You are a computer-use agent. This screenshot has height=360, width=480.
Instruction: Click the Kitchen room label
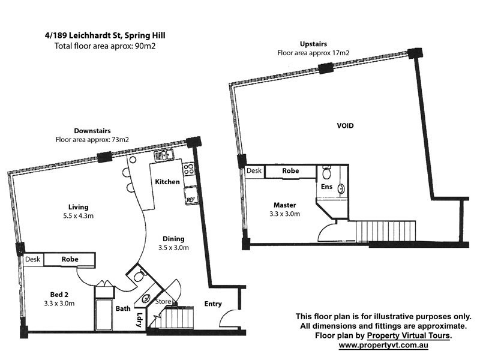[x=167, y=181]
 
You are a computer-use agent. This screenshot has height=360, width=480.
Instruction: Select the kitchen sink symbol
[x=163, y=157]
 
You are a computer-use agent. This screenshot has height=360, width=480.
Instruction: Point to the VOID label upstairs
[x=344, y=126]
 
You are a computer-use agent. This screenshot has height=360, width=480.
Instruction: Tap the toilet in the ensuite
[x=326, y=174]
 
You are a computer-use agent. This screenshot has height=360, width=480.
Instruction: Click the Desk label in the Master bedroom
[x=254, y=171]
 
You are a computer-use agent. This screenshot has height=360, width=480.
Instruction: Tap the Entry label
[x=213, y=304]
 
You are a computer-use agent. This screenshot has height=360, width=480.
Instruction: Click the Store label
[x=164, y=301]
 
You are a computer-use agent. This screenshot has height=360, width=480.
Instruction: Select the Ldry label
[x=140, y=317]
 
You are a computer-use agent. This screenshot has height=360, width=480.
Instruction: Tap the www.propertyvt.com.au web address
[x=386, y=346]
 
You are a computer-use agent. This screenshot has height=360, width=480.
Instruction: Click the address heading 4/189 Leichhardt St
[x=104, y=35]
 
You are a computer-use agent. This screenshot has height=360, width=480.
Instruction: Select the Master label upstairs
[x=284, y=204]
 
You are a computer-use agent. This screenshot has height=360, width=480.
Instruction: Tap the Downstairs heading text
[x=92, y=131]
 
